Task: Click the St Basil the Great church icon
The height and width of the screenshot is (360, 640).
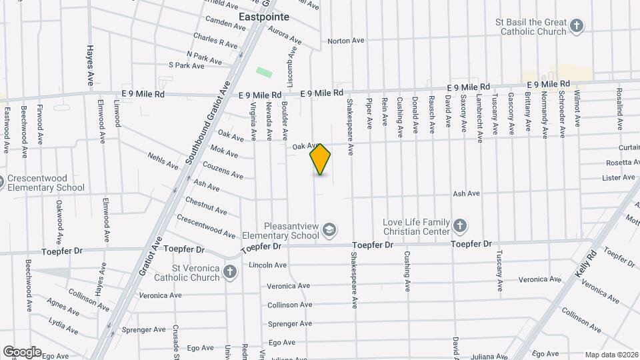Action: [x=577, y=27]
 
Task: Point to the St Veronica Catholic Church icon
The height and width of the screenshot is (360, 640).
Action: [x=229, y=272]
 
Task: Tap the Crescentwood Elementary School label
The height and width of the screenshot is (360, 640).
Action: [x=45, y=183]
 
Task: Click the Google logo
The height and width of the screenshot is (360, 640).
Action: [x=21, y=352]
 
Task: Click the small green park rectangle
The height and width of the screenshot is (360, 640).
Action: [x=265, y=71]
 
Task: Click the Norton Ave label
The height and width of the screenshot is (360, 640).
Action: [x=346, y=41]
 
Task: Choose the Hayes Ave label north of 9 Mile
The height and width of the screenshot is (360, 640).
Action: [x=90, y=65]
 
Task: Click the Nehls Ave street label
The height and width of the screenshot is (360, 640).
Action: [x=163, y=160]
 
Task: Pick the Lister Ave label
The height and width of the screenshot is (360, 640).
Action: [x=618, y=177]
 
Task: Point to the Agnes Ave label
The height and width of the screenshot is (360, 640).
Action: [x=63, y=306]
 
